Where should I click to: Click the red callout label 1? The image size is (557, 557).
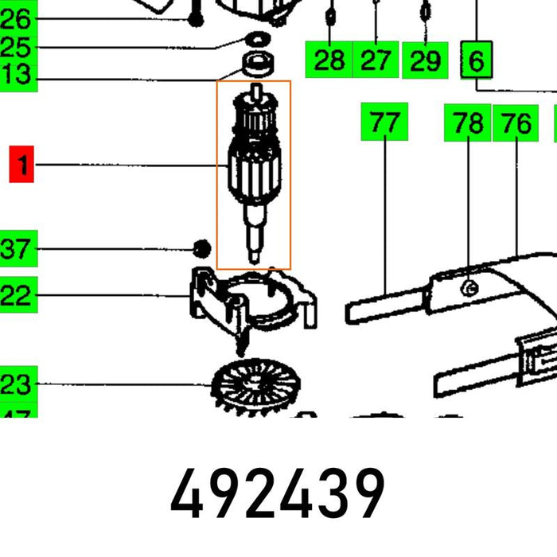pos(22,166)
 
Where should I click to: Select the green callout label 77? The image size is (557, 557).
pos(384,123)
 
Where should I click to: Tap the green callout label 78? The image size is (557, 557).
pos(467,123)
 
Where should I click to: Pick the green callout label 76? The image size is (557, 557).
pos(516,123)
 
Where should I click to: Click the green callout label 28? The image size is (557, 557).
pos(329,60)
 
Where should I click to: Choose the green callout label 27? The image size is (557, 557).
pos(376,60)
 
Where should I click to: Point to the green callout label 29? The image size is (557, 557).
pos(425,60)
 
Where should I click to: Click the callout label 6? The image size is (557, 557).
pos(477,60)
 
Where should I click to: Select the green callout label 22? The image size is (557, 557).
pos(16,297)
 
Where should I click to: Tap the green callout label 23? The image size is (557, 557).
pos(16,385)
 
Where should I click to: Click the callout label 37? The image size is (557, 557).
pos(16,250)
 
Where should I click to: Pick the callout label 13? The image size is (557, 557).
pos(16,76)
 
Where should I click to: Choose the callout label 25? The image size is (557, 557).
pos(16,47)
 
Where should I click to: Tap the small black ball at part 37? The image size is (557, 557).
pos(201,249)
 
